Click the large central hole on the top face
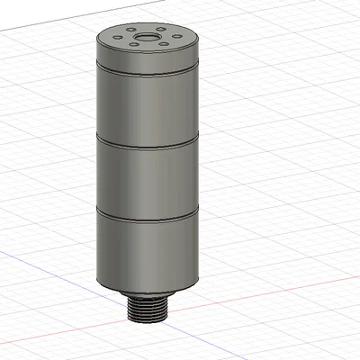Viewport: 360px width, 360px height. click(145, 39)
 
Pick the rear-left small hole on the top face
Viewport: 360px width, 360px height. click(132, 29)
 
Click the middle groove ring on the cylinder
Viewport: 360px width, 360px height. click(147, 142)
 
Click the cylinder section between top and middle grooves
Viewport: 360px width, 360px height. click(147, 108)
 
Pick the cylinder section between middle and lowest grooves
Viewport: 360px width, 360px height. click(147, 180)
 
